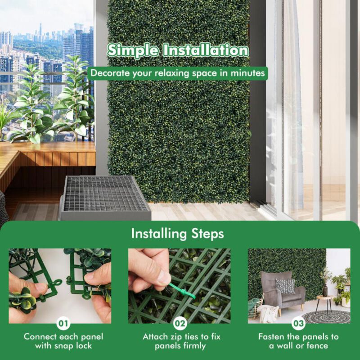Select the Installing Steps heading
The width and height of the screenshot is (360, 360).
[177, 234]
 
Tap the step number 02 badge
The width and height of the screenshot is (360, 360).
[179, 323]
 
